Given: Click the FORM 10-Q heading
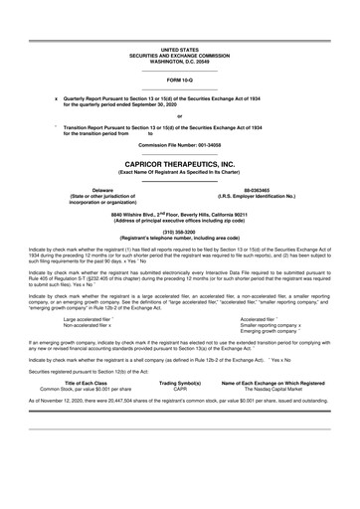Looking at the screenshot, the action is point(180,79).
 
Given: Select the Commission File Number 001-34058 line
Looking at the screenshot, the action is point(180,144).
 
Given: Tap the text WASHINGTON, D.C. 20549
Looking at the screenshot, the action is point(180,59).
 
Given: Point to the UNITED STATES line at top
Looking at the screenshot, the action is point(180,48).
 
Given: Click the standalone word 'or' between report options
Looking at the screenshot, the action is point(180,116).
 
